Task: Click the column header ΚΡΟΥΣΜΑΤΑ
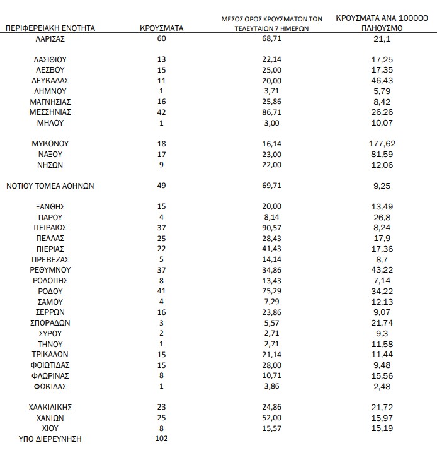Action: [x=161, y=28]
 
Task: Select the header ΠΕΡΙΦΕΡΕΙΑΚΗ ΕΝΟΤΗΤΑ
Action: [x=50, y=28]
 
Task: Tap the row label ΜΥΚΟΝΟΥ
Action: [x=50, y=144]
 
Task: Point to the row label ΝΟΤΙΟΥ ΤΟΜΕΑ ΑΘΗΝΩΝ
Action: [x=50, y=186]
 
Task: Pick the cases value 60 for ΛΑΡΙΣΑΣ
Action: [x=162, y=38]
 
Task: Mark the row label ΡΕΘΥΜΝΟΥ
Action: [x=50, y=270]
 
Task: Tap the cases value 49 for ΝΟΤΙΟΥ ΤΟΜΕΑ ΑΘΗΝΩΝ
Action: [x=162, y=186]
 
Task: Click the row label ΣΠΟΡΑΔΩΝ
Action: [x=50, y=323]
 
